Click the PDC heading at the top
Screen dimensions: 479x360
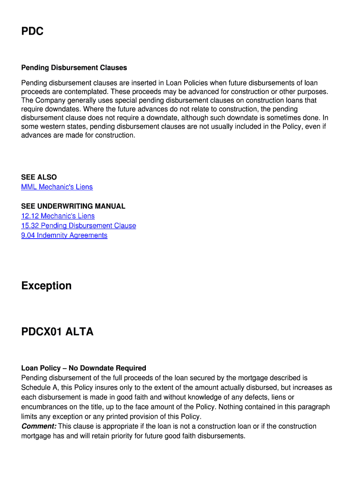pyautogui.click(x=32, y=31)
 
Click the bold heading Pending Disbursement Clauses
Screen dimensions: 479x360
pyautogui.click(x=74, y=68)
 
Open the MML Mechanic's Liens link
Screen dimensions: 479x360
pyautogui.click(x=57, y=187)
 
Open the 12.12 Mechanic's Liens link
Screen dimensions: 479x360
pyautogui.click(x=58, y=216)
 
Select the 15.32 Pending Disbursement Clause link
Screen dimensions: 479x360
pyautogui.click(x=79, y=226)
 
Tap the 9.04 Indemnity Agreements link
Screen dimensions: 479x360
pyautogui.click(x=64, y=236)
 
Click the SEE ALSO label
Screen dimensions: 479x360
pyautogui.click(x=39, y=177)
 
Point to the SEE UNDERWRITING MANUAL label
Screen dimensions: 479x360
pyautogui.click(x=73, y=206)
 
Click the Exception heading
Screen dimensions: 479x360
pyautogui.click(x=46, y=286)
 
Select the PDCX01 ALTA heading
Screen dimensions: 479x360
pyautogui.click(x=57, y=332)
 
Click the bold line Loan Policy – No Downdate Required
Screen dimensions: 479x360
pyautogui.click(x=84, y=368)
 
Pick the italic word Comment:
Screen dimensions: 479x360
pyautogui.click(x=39, y=427)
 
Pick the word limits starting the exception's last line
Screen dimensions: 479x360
pyautogui.click(x=29, y=417)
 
